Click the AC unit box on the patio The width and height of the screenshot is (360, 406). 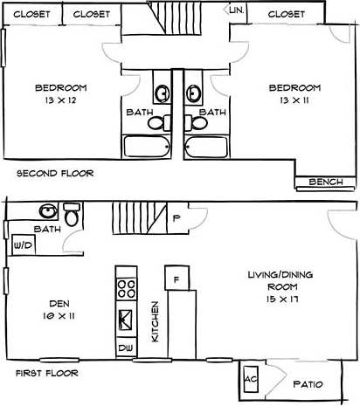click(x=251, y=379)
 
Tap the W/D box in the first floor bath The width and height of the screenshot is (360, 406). click(x=19, y=247)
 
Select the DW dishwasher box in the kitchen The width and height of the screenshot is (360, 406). click(x=125, y=348)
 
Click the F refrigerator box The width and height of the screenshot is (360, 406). click(x=176, y=279)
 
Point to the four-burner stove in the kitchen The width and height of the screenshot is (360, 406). click(x=125, y=289)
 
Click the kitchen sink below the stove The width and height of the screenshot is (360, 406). click(x=125, y=319)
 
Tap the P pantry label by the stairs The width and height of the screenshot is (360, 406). click(x=176, y=218)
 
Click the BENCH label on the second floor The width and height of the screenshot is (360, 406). click(x=326, y=182)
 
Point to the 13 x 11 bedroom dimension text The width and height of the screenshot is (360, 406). click(x=294, y=100)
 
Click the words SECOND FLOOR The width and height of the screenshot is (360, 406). click(x=55, y=173)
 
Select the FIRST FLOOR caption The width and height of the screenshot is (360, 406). click(x=47, y=373)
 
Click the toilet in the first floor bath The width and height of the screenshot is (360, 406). click(x=72, y=214)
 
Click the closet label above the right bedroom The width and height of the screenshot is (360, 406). click(x=287, y=14)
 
